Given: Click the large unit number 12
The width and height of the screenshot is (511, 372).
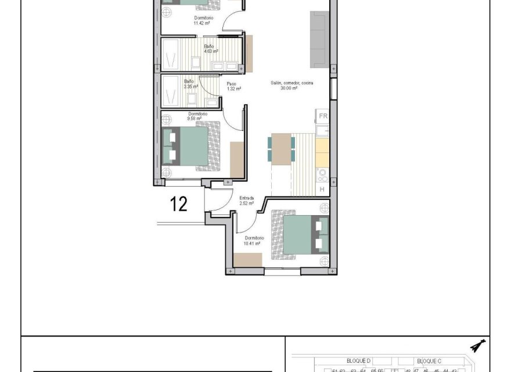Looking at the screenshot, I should click(x=179, y=204).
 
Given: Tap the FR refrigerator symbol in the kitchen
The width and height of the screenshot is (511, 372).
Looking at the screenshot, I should click(x=323, y=116).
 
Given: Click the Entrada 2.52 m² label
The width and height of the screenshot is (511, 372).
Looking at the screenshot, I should click(x=247, y=201).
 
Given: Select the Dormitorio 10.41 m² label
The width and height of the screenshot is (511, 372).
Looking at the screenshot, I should click(x=254, y=241).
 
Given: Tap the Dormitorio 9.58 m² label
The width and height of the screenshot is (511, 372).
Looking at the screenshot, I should click(x=195, y=116).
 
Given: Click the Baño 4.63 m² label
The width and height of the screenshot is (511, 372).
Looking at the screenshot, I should click(x=209, y=48).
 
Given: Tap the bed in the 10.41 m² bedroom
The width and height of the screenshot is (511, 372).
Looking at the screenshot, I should click(x=302, y=234).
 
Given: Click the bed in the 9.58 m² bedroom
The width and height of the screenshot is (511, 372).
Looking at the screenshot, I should click(x=192, y=146).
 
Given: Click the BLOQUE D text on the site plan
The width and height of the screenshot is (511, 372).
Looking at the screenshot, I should click(x=358, y=361).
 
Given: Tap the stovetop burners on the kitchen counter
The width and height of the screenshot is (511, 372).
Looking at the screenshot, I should click(x=322, y=174).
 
